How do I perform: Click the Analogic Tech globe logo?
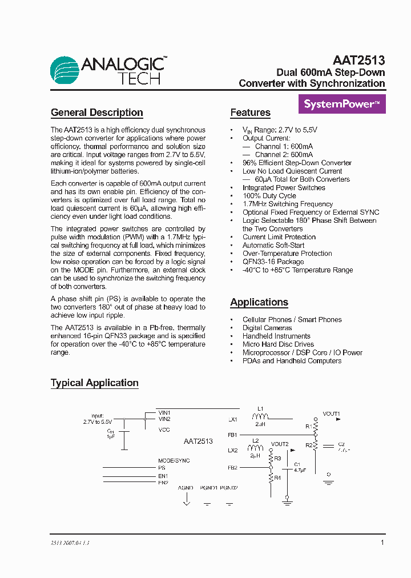(65, 70)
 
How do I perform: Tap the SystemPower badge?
(342, 105)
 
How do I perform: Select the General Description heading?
(97, 113)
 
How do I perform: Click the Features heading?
(250, 113)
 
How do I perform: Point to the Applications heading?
(259, 302)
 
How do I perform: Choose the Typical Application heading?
(95, 383)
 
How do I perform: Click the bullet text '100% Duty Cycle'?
(269, 196)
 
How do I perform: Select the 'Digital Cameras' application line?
(267, 328)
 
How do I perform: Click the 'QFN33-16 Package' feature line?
(273, 262)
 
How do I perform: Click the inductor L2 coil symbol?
(255, 448)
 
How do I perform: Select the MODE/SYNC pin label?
(174, 460)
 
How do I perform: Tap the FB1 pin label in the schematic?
(232, 435)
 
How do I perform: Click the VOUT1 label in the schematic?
(331, 414)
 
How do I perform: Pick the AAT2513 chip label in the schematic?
(198, 441)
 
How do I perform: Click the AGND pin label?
(186, 488)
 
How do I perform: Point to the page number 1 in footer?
(382, 543)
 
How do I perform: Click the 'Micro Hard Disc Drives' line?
(278, 344)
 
